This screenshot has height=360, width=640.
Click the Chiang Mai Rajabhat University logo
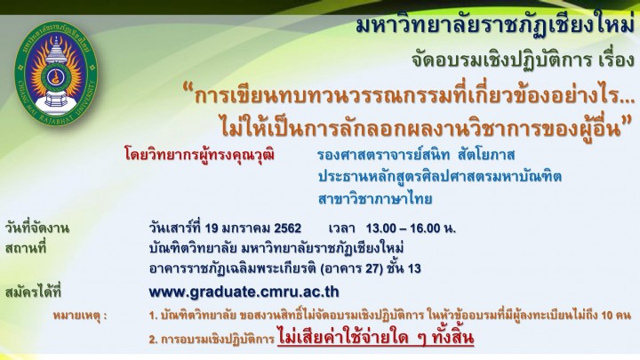pyautogui.click(x=56, y=73)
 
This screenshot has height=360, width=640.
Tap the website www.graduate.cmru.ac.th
pyautogui.click(x=244, y=292)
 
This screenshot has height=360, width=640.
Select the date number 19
pyautogui.click(x=212, y=228)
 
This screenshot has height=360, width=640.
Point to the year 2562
pyautogui.click(x=288, y=228)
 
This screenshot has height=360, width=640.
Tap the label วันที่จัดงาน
pyautogui.click(x=37, y=228)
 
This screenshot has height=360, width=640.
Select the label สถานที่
pyautogui.click(x=26, y=248)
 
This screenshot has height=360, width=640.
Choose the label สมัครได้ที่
pyautogui.click(x=33, y=292)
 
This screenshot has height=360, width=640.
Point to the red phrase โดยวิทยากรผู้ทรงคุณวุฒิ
pyautogui.click(x=200, y=156)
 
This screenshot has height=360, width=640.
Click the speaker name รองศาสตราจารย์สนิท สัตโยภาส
pyautogui.click(x=416, y=155)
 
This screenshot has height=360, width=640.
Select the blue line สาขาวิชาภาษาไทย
pyautogui.click(x=375, y=199)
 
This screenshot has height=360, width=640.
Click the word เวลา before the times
pyautogui.click(x=342, y=228)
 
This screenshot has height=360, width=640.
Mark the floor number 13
pyautogui.click(x=414, y=269)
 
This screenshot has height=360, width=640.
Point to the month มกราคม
pyautogui.click(x=246, y=228)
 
